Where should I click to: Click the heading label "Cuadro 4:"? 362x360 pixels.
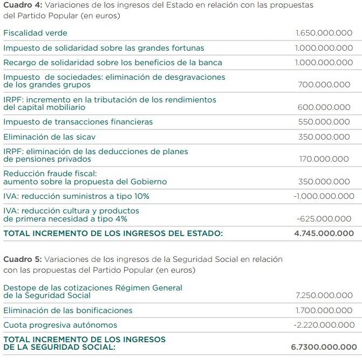(22, 5)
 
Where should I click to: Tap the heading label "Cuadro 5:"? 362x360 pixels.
(22, 259)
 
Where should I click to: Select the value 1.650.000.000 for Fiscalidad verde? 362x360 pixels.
(324, 33)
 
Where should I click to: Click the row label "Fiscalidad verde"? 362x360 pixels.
(35, 33)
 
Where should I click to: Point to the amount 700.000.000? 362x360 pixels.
(324, 85)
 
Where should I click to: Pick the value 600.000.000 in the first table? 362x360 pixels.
(324, 107)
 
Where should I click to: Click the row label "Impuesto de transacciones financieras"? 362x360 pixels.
(78, 122)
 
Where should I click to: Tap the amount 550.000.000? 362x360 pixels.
(324, 122)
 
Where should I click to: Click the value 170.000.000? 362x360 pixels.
(324, 159)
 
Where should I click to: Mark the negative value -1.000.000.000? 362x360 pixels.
(324, 196)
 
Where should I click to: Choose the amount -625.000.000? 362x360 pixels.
(324, 219)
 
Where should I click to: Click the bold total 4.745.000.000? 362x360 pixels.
(324, 234)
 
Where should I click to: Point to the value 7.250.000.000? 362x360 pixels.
(324, 295)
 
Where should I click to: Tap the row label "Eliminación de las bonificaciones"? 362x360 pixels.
(68, 310)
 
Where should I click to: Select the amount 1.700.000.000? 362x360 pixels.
(324, 310)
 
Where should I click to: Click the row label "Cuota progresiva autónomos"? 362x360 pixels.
(60, 325)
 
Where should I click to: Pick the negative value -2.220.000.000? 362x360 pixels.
(324, 325)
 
